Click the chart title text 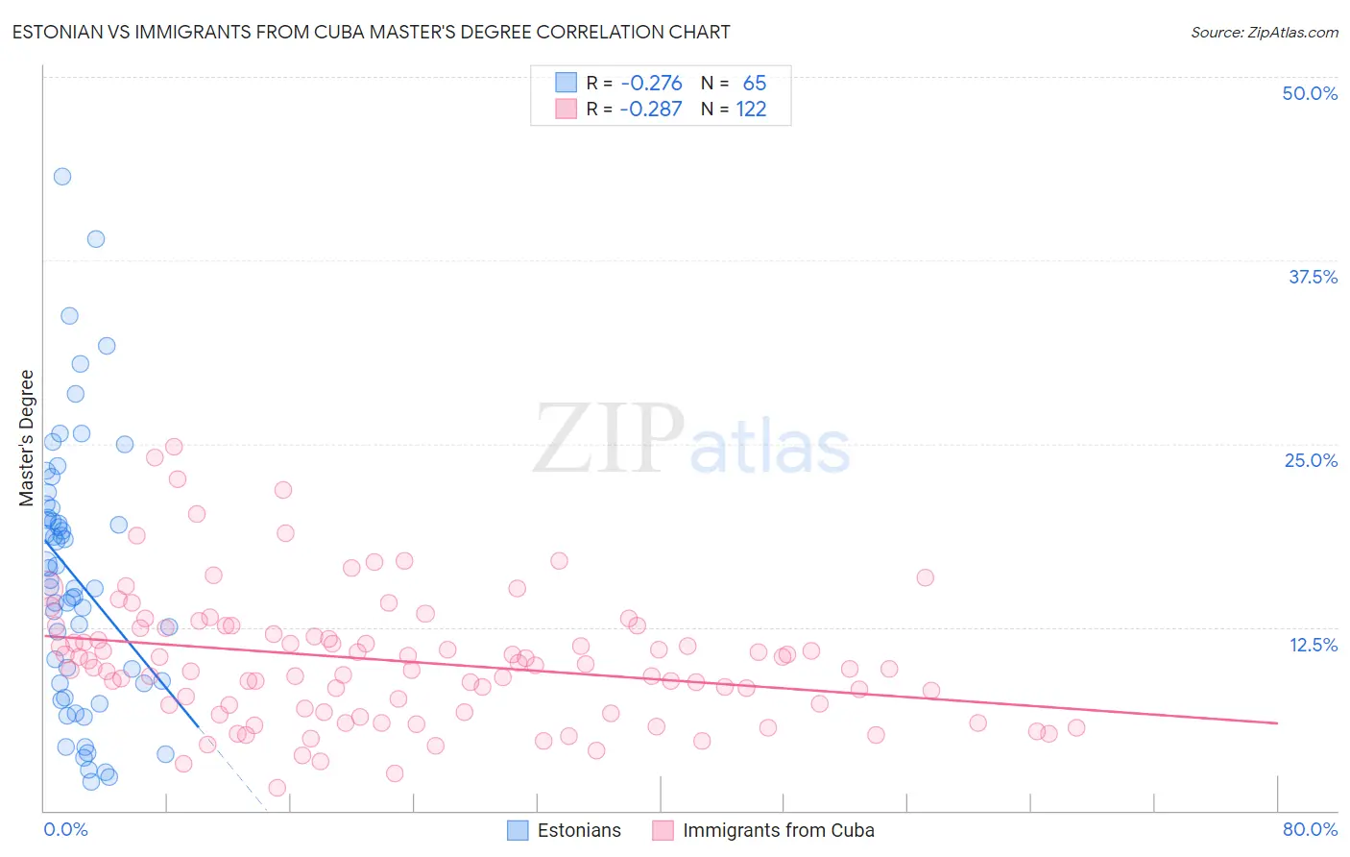pyautogui.click(x=371, y=33)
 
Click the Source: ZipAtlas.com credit pyautogui.click(x=1264, y=33)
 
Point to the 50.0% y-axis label pyautogui.click(x=1310, y=93)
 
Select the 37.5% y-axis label pyautogui.click(x=1313, y=277)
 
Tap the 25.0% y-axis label pyautogui.click(x=1311, y=460)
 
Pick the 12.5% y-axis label pyautogui.click(x=1313, y=645)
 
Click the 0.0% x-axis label pyautogui.click(x=65, y=829)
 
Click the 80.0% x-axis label pyautogui.click(x=1310, y=829)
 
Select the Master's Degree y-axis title pyautogui.click(x=27, y=438)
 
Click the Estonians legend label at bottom pyautogui.click(x=579, y=830)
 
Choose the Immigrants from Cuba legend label pyautogui.click(x=778, y=830)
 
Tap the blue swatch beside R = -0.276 pyautogui.click(x=567, y=83)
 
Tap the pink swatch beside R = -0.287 pyautogui.click(x=567, y=109)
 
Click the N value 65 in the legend pyautogui.click(x=755, y=83)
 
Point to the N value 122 pyautogui.click(x=751, y=109)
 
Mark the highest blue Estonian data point pyautogui.click(x=62, y=176)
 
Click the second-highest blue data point pyautogui.click(x=96, y=239)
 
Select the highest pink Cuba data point pyautogui.click(x=174, y=447)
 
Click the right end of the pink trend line pyautogui.click(x=1277, y=722)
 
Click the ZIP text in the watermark pyautogui.click(x=609, y=439)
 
